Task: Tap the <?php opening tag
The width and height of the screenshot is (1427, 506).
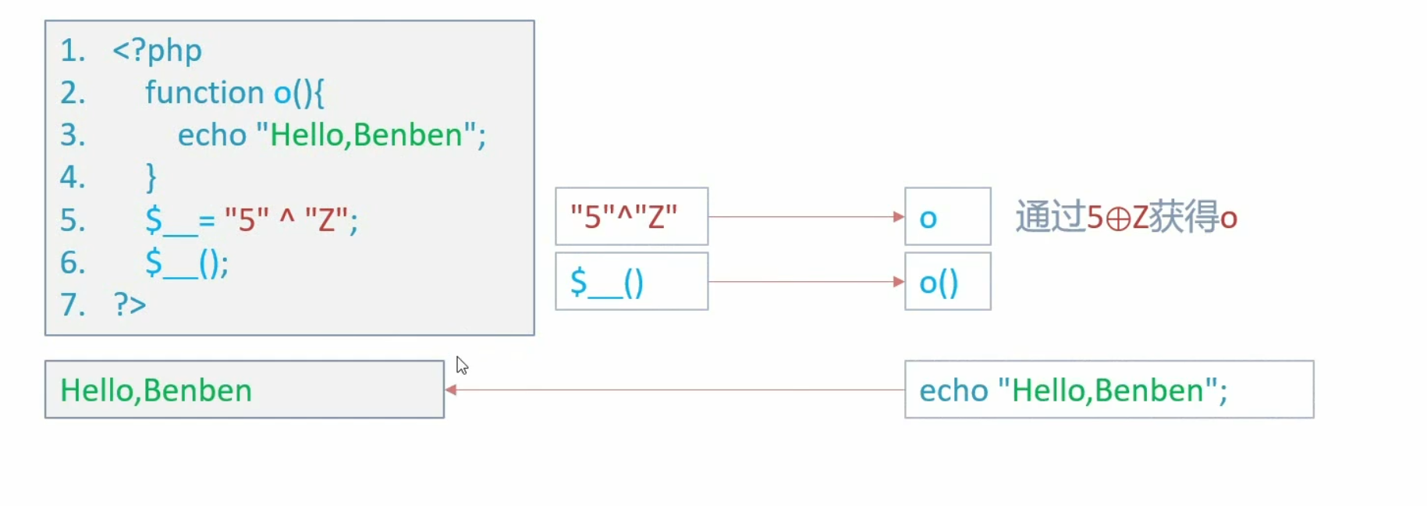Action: pyautogui.click(x=157, y=51)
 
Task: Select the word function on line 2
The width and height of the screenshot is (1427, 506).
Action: pyautogui.click(x=204, y=93)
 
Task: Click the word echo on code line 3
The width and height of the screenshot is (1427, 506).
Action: pyautogui.click(x=212, y=135)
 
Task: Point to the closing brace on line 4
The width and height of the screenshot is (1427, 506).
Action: pyautogui.click(x=151, y=177)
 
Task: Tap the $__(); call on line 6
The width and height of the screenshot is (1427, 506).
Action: pyautogui.click(x=186, y=262)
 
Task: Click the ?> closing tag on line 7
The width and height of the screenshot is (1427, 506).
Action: pyautogui.click(x=130, y=305)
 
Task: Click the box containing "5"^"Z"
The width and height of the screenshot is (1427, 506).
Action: pyautogui.click(x=631, y=216)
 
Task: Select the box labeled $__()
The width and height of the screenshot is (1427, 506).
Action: pyautogui.click(x=631, y=281)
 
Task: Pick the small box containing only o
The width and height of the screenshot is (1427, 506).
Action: pyautogui.click(x=947, y=216)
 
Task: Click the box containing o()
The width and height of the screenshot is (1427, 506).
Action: pyautogui.click(x=947, y=281)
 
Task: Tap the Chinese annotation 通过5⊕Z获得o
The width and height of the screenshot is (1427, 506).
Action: pyautogui.click(x=1126, y=217)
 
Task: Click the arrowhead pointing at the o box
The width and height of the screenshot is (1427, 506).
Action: pyautogui.click(x=899, y=216)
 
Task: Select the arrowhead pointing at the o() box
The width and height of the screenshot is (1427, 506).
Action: pyautogui.click(x=899, y=281)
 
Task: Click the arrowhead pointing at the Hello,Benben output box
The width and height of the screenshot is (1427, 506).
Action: pyautogui.click(x=451, y=390)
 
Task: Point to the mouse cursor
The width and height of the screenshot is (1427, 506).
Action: pyautogui.click(x=461, y=365)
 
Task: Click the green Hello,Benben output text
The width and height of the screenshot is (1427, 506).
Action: pyautogui.click(x=156, y=390)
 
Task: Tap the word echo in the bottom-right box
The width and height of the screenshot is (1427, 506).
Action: pyautogui.click(x=953, y=390)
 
